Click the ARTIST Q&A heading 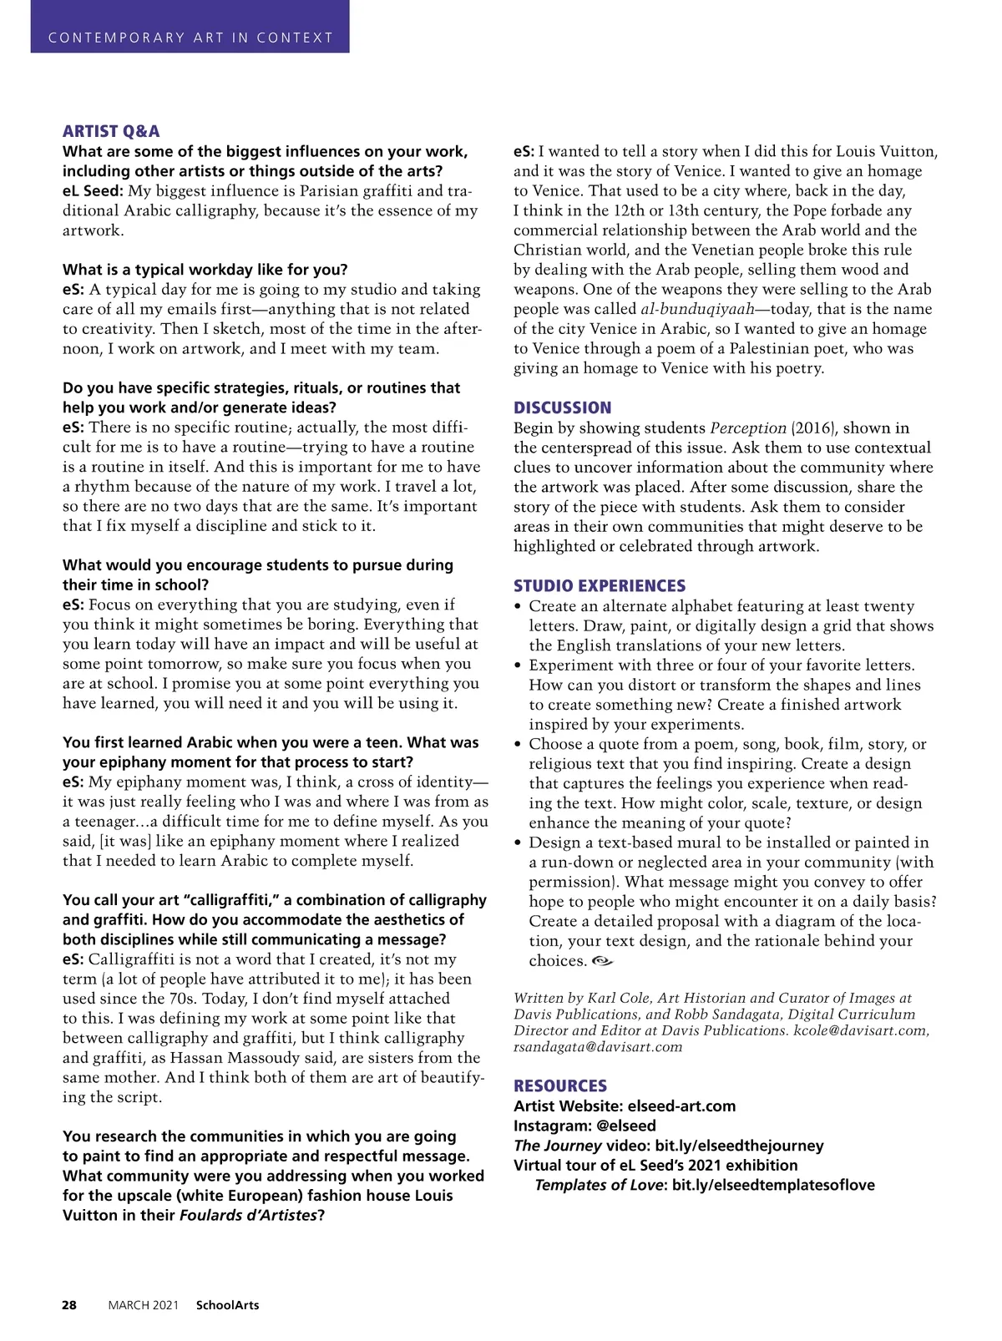pos(111,131)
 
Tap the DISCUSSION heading pos(562,407)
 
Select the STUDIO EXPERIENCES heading pos(600,585)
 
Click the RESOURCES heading pos(560,1085)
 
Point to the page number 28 pos(69,1305)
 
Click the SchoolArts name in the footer pos(227,1305)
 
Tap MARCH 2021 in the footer pos(143,1305)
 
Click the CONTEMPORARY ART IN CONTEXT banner pos(190,38)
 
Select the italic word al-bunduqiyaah pos(696,309)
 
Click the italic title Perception pos(748,428)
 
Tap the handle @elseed pos(620,1126)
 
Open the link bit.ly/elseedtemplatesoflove pos(773,1185)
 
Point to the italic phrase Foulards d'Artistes pos(248,1215)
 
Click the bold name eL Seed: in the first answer pos(93,191)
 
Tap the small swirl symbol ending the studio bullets pos(602,961)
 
